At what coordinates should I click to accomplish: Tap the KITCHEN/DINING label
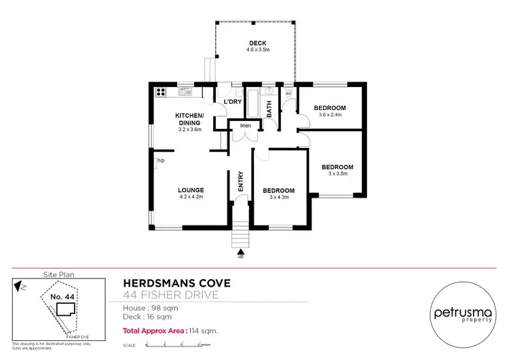click(x=190, y=119)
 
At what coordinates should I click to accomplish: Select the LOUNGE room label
click(x=191, y=190)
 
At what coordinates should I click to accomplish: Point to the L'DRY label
click(x=233, y=102)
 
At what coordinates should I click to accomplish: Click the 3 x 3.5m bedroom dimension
click(x=337, y=174)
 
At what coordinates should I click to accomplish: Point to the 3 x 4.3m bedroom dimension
click(x=279, y=198)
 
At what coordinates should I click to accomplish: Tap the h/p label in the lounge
click(x=161, y=161)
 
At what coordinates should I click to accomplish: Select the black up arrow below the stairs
click(x=240, y=251)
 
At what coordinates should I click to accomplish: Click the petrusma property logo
click(x=463, y=313)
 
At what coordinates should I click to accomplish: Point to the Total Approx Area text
click(x=170, y=331)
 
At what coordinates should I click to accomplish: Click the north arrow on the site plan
click(x=21, y=287)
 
